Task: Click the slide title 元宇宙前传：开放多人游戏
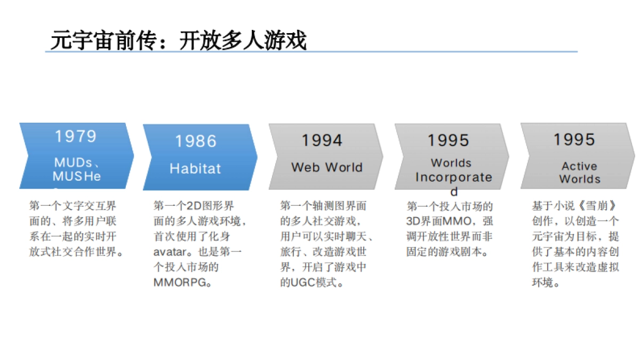pyautogui.click(x=179, y=40)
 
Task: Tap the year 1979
pyautogui.click(x=76, y=137)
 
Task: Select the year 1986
pyautogui.click(x=196, y=141)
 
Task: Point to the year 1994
pyautogui.click(x=322, y=140)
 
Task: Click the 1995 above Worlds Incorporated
pyautogui.click(x=448, y=140)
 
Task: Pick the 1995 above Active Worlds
pyautogui.click(x=574, y=140)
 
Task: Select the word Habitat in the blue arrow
pyautogui.click(x=195, y=169)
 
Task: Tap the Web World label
pyautogui.click(x=326, y=167)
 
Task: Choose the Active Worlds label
pyautogui.click(x=579, y=173)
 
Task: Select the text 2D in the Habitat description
pyautogui.click(x=193, y=206)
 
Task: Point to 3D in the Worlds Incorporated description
pyautogui.click(x=414, y=221)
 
